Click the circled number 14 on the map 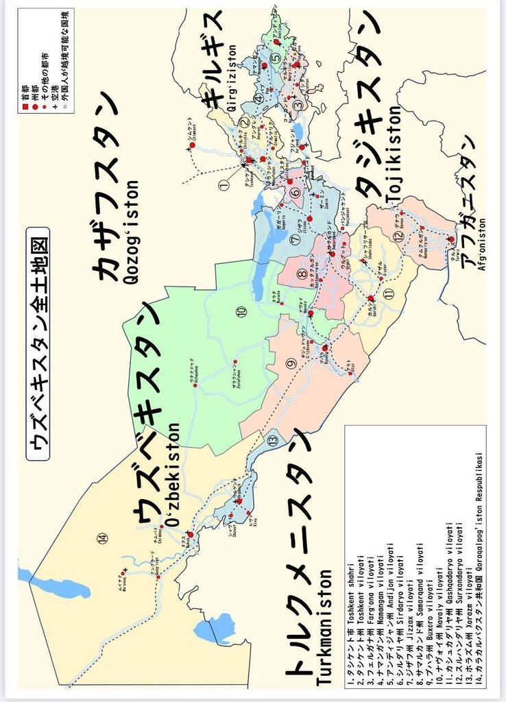pyautogui.click(x=103, y=538)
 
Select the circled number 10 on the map pyautogui.click(x=241, y=312)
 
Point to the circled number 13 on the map pyautogui.click(x=273, y=441)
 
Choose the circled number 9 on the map pyautogui.click(x=290, y=363)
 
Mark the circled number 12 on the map pyautogui.click(x=398, y=237)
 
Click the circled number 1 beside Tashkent pyautogui.click(x=223, y=184)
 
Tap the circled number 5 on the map pyautogui.click(x=275, y=58)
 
